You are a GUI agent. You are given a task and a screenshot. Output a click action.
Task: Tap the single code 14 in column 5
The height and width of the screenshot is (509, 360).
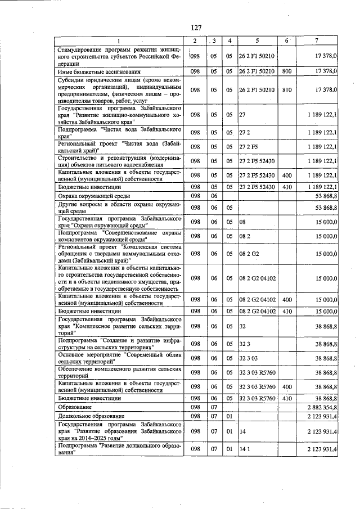click(x=242, y=431)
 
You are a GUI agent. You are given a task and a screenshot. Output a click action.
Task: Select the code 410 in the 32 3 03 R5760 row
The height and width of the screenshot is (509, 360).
click(x=286, y=397)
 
